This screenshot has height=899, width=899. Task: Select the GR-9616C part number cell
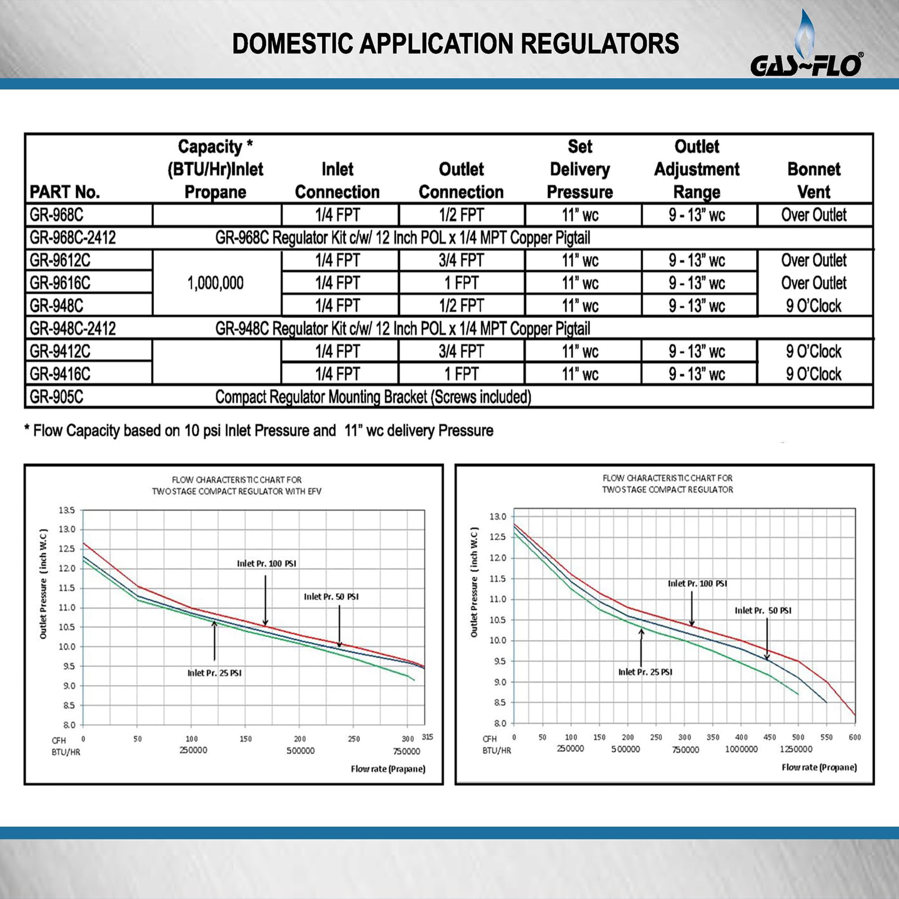pos(60,283)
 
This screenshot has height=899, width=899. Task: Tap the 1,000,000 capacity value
pos(215,283)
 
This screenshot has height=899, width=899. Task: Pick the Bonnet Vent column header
pos(814,180)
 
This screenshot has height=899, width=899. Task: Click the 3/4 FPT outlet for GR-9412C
pos(461,352)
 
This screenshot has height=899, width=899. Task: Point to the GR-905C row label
pos(56,397)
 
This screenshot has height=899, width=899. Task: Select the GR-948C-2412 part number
pos(72,329)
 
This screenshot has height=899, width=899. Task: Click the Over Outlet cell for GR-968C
pos(814,215)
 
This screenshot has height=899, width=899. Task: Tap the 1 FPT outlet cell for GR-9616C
pos(461,283)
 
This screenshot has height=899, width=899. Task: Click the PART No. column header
pos(65,192)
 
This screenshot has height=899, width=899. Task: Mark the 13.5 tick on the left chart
pos(67,510)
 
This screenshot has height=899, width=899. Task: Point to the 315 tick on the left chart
pos(427,737)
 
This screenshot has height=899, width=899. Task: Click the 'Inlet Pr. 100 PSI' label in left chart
pos(267,564)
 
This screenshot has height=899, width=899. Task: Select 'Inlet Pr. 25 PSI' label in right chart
pos(645,672)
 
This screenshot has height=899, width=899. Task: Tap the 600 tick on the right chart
pos(855,737)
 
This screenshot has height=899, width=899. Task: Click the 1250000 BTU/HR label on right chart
pos(796,749)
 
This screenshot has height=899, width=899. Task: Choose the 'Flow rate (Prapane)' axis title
pos(388,769)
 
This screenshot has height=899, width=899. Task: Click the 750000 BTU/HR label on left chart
pos(406,751)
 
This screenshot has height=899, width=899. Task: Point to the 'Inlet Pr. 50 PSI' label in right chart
pos(763,610)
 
